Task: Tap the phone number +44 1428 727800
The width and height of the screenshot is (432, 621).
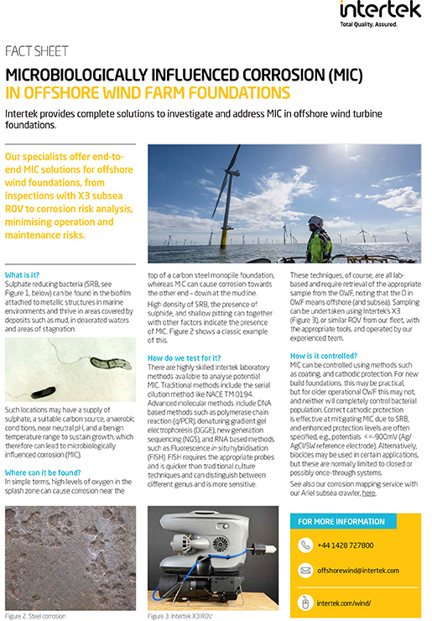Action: coord(346,545)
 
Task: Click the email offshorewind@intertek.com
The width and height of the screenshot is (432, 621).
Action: coord(358,571)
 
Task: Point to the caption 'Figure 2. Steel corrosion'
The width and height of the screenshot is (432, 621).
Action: coord(35,616)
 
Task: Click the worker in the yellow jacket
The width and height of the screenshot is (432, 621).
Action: coord(318,235)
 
